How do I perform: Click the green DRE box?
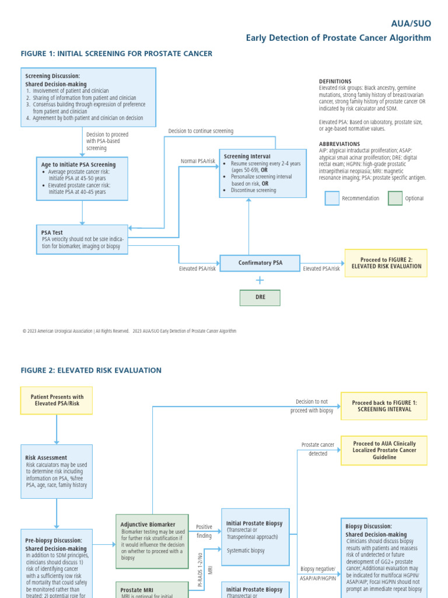coord(260,297)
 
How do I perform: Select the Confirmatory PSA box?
coord(260,263)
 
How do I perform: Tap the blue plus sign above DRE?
coord(260,280)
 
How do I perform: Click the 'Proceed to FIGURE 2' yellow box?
coord(386,263)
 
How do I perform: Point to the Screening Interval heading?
coord(247,157)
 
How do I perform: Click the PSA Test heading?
coord(52,232)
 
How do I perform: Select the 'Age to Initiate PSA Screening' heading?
coord(78,165)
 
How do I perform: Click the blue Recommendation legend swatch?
coord(332,199)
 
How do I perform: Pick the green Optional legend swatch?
coord(395,199)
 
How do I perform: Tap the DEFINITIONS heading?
coord(335,81)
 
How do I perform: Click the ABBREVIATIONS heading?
coord(339,144)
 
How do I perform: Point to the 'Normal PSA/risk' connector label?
coord(198,161)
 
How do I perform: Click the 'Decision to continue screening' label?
coord(201,131)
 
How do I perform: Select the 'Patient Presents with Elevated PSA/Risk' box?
coord(57,400)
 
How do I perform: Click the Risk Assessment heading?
coord(46,458)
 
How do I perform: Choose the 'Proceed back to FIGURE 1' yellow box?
coord(384,406)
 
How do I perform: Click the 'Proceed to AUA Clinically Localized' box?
coord(384,450)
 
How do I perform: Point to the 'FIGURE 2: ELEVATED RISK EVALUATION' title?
coord(91,370)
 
